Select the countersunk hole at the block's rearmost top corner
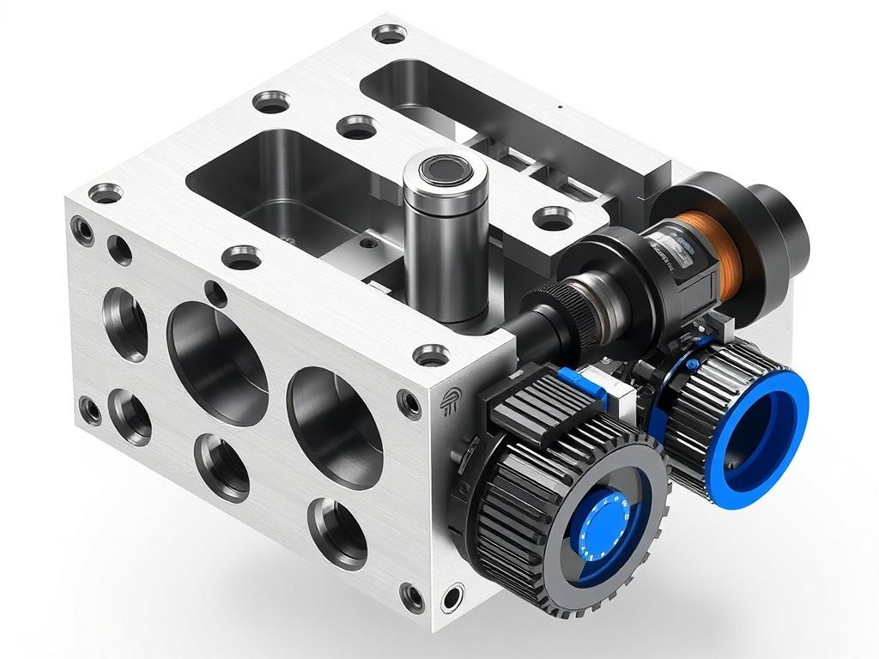pyautogui.click(x=390, y=34)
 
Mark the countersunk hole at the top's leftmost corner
pyautogui.click(x=106, y=193)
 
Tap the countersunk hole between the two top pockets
pyautogui.click(x=357, y=127)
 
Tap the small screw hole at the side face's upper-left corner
pyautogui.click(x=83, y=228)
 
